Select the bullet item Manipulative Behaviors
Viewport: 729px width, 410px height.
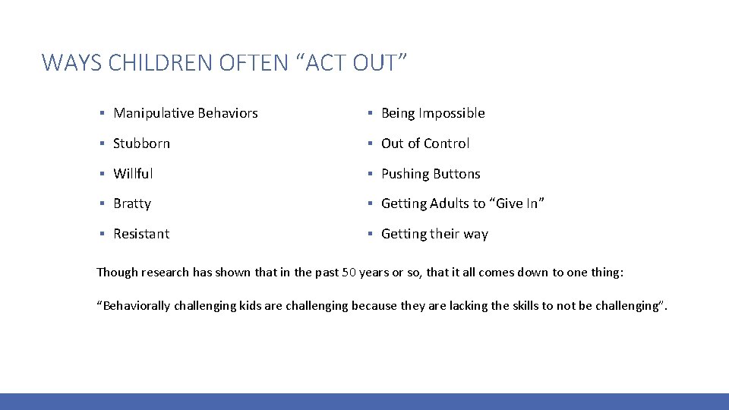tap(185, 113)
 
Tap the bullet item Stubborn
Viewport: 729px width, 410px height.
tap(141, 143)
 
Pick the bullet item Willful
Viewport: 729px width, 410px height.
tap(133, 174)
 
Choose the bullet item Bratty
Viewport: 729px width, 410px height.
tap(132, 203)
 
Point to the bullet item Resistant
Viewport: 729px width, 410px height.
tap(141, 234)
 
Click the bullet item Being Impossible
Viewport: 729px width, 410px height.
tap(433, 113)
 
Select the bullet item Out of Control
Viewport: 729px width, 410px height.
tap(425, 143)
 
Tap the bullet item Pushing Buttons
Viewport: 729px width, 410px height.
tap(431, 174)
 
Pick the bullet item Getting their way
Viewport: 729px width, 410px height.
tap(434, 234)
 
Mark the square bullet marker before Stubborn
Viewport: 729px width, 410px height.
tap(102, 143)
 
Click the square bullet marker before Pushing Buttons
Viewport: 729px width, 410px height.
tap(369, 174)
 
